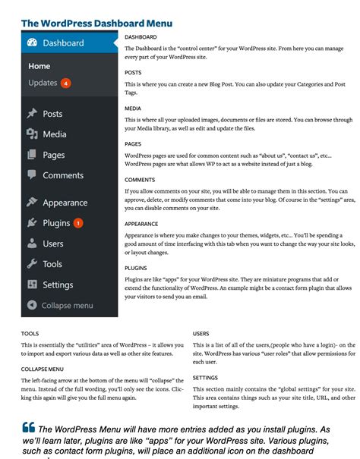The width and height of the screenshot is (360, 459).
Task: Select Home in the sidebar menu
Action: coord(39,66)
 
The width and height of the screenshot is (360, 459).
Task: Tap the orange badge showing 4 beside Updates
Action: coord(66,83)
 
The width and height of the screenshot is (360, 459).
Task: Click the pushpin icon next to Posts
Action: coord(32,114)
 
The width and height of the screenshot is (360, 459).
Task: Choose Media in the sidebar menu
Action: coord(54,134)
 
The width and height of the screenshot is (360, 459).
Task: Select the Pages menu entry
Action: coord(53,155)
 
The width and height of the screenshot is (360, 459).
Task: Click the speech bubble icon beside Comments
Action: coord(32,174)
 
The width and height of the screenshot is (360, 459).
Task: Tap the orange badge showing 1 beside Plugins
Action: coord(79,224)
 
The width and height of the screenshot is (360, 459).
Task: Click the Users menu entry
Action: coord(52,244)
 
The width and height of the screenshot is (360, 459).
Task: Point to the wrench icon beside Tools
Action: coord(32,264)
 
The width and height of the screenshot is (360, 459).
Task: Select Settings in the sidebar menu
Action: coord(58,285)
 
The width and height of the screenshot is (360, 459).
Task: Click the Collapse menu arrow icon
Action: coord(31,305)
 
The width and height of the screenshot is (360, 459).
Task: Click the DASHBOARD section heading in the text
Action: coord(141,36)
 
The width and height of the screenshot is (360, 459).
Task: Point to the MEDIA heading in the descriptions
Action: coord(132,108)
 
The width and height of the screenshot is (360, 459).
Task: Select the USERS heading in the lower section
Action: coord(201,333)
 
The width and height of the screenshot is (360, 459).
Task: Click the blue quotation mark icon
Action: coord(29,426)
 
